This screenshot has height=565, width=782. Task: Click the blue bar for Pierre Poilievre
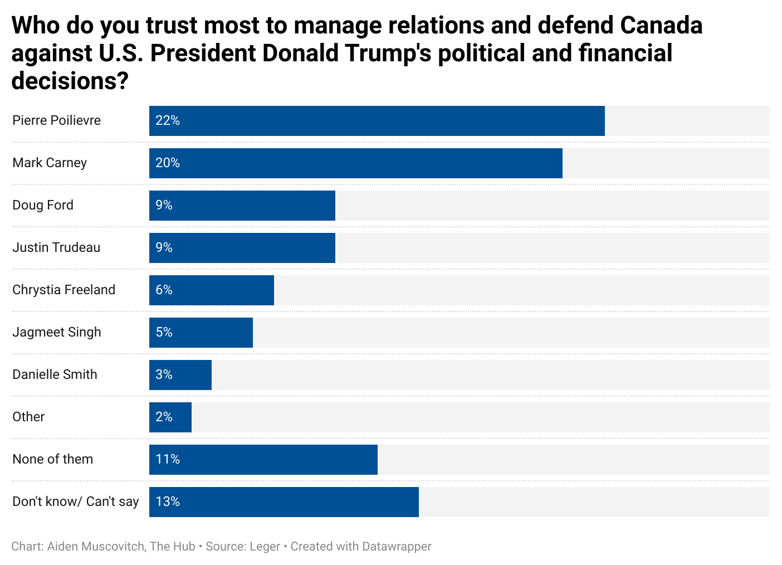377,121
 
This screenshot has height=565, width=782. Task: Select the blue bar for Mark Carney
355,163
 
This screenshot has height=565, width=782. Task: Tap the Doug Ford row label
43,205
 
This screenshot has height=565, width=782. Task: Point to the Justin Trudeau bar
242,248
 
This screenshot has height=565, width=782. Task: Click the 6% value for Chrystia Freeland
164,290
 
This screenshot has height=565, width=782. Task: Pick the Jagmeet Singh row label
57,332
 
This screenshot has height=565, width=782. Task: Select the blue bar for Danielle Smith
180,375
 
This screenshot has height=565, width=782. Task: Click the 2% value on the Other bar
164,417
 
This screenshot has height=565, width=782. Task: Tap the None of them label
52,459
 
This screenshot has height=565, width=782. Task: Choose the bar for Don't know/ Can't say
284,502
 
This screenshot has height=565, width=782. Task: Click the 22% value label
168,120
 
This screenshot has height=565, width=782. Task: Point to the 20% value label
168,163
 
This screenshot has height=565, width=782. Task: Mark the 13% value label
168,501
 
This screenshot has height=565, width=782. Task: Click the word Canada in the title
661,25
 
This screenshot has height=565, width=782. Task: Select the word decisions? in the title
70,81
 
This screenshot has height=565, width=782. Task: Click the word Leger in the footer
265,547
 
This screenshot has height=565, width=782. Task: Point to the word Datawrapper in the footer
396,547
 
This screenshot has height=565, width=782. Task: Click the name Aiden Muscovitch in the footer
96,547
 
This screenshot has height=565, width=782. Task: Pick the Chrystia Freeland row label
63,290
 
